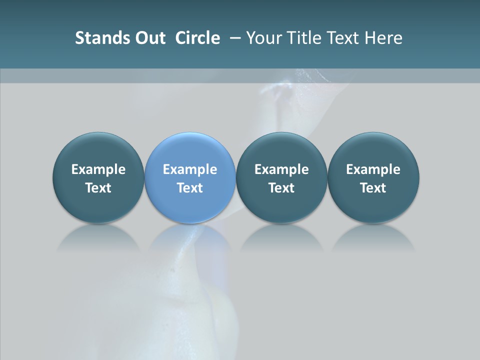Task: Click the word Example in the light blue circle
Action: [190, 169]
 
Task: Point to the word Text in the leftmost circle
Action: [98, 188]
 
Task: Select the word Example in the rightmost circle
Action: [373, 169]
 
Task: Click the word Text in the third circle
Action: [281, 188]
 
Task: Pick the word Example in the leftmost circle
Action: [98, 169]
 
